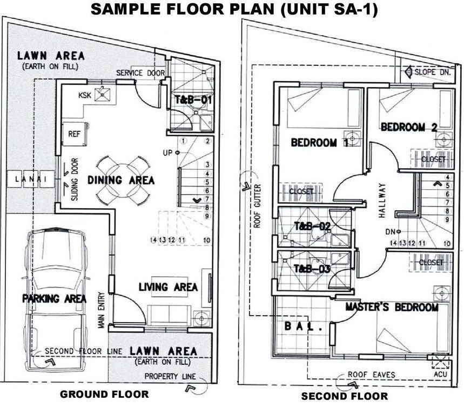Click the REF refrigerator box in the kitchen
tap(75, 134)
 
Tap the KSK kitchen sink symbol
tap(102, 94)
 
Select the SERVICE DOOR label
tap(140, 73)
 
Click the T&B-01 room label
tap(193, 100)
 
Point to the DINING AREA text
tap(121, 181)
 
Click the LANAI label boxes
tap(31, 179)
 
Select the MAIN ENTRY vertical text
tap(102, 310)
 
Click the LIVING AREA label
tap(169, 287)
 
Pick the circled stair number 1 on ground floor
tap(184, 141)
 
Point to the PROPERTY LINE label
tap(170, 377)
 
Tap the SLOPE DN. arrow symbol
tap(409, 71)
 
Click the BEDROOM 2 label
tap(409, 127)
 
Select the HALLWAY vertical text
tap(382, 201)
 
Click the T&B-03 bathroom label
tap(312, 269)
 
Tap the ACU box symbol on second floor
tap(440, 362)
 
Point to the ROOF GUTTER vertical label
tap(257, 206)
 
